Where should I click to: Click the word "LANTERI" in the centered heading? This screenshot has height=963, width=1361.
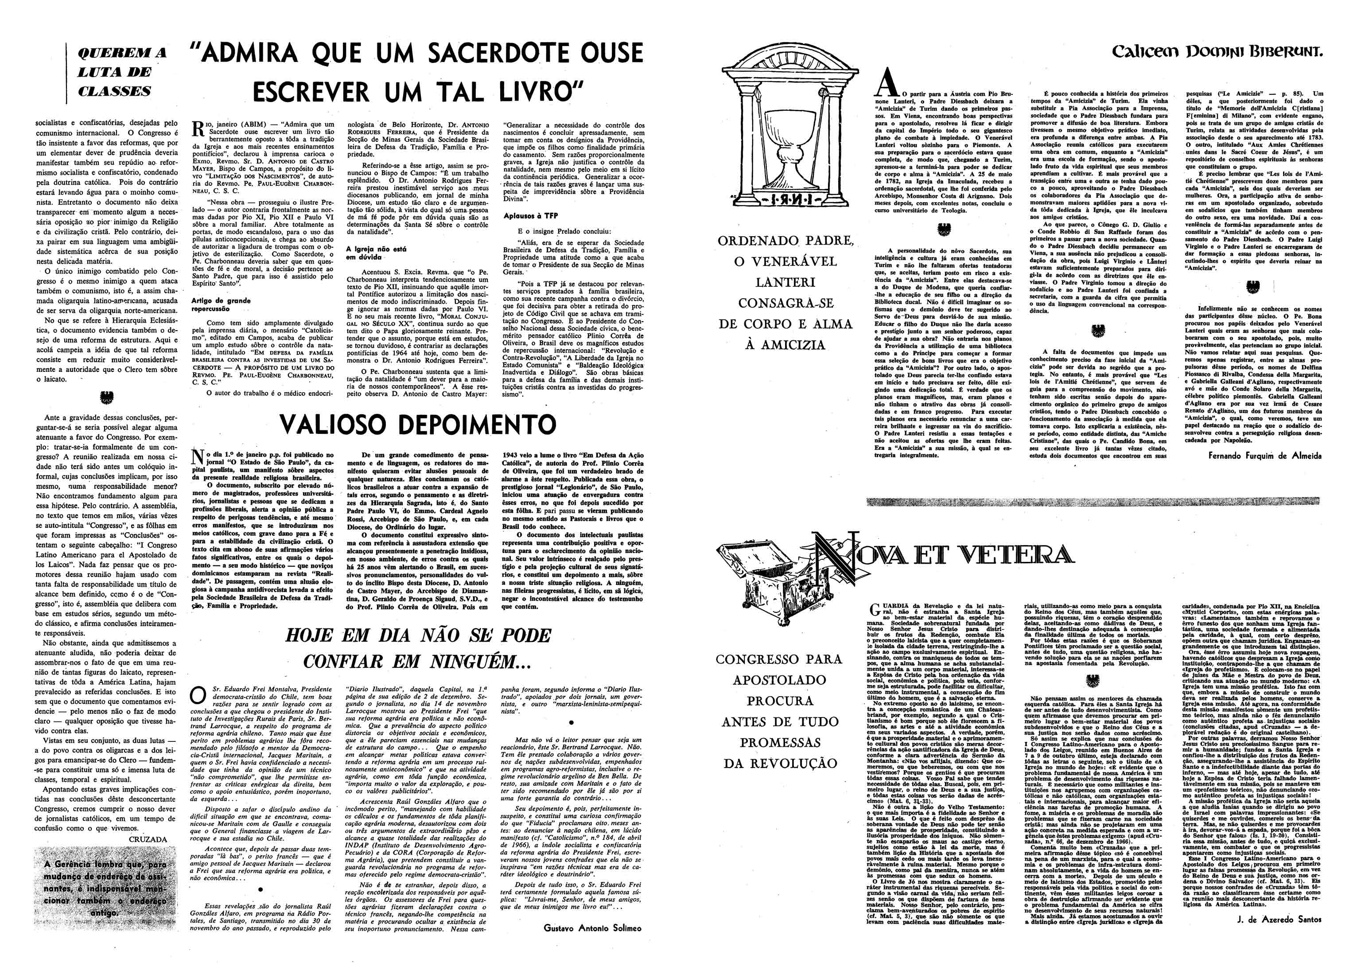point(785,282)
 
